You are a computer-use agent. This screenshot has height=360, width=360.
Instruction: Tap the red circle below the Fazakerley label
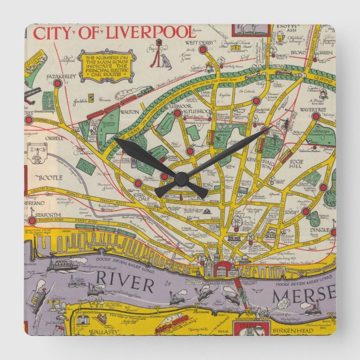pyautogui.click(x=57, y=83)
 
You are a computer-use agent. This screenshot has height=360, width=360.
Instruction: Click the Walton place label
pyautogui.click(x=129, y=112)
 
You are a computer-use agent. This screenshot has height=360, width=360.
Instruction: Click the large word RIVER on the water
pyautogui.click(x=124, y=285)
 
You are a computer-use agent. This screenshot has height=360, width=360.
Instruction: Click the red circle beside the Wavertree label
pyautogui.click(x=315, y=117)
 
